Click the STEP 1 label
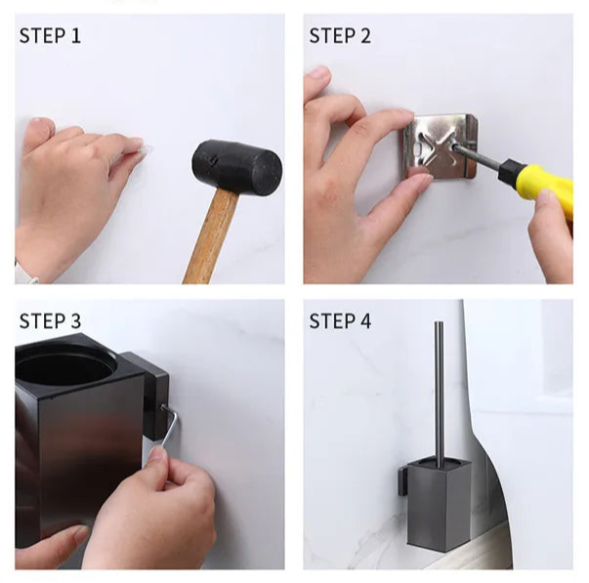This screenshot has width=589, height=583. click(x=50, y=36)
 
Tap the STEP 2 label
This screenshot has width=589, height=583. click(x=340, y=36)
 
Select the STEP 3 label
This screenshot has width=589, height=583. click(x=50, y=321)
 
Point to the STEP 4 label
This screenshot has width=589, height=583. click(x=340, y=321)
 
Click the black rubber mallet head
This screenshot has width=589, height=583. click(x=236, y=168)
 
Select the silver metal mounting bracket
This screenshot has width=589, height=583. click(x=441, y=146)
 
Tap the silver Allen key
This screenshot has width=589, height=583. click(x=168, y=429)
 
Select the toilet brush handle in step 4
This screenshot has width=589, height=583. click(x=440, y=391)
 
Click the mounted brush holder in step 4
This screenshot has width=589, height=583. click(x=439, y=504)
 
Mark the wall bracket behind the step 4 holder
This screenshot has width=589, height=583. click(x=402, y=481)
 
